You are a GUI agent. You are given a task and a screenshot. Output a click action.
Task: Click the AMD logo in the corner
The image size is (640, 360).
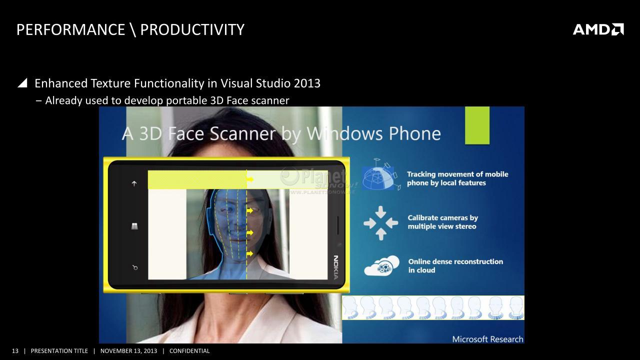tap(598, 29)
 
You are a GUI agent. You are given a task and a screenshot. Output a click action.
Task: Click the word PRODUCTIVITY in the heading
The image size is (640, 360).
tap(192, 29)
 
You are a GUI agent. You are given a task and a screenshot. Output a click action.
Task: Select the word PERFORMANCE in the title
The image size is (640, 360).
tap(71, 29)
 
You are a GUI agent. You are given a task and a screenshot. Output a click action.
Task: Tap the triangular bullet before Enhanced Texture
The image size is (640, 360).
tap(22, 83)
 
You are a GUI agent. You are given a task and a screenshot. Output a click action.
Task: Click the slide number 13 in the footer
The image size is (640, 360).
tap(15, 351)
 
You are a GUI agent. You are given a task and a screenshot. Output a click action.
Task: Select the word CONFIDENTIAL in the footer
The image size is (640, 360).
tap(189, 351)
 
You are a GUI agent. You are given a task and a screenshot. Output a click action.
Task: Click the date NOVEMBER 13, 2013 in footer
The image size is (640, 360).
tap(128, 351)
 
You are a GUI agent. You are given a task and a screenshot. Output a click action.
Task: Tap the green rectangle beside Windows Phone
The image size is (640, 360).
tap(477, 125)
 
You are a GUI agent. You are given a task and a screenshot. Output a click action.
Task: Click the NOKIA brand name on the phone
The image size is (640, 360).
tap(336, 267)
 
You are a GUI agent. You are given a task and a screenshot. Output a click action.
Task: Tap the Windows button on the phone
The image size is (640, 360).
tap(134, 226)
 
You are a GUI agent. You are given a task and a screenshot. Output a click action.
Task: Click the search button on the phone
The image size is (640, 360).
tap(135, 267)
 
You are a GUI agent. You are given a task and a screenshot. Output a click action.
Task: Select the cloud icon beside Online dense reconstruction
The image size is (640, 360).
tap(381, 265)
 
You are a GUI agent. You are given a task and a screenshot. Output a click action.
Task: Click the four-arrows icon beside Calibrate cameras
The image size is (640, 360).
tap(381, 223)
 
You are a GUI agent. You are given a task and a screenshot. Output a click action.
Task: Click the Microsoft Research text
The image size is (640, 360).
tap(487, 339)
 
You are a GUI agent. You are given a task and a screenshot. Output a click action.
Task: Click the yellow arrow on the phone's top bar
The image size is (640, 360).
tap(250, 179)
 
